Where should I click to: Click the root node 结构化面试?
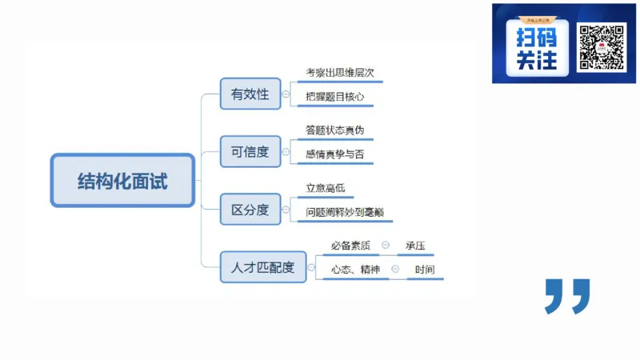click(122, 180)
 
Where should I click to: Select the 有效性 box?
click(250, 94)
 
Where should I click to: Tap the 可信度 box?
click(250, 151)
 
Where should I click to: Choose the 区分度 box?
click(250, 210)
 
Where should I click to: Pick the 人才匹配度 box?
click(262, 267)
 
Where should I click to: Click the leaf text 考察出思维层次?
click(340, 73)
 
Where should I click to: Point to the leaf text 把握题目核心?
click(335, 98)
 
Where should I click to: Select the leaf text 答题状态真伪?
click(335, 130)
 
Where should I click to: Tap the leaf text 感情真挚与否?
click(334, 154)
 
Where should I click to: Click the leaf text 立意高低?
click(325, 188)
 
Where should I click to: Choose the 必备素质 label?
click(350, 246)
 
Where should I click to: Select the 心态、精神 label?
click(355, 270)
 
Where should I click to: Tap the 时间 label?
click(424, 270)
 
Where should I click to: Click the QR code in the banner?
click(601, 47)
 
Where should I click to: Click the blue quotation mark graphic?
click(567, 295)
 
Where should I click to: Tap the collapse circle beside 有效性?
click(286, 94)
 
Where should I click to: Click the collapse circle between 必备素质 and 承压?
click(386, 246)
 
